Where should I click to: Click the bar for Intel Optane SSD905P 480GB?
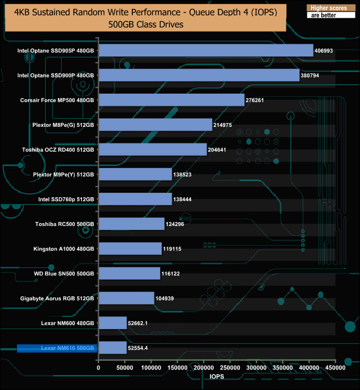pos(205,50)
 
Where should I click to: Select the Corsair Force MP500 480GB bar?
pos(171,100)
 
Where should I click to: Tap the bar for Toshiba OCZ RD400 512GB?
pos(152,150)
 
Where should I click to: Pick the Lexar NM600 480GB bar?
pos(112,323)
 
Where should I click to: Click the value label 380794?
pos(313,75)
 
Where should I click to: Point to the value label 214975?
pos(225,125)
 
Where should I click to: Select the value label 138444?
pos(185,199)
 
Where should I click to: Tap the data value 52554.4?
pos(142,348)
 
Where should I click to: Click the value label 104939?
pos(167,298)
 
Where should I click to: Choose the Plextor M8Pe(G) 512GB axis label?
pos(63,125)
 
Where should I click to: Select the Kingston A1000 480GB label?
pos(64,249)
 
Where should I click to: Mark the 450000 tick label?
pos(335,367)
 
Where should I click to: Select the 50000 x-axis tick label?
pos(125,367)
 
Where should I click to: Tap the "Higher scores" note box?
pos(330,8)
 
